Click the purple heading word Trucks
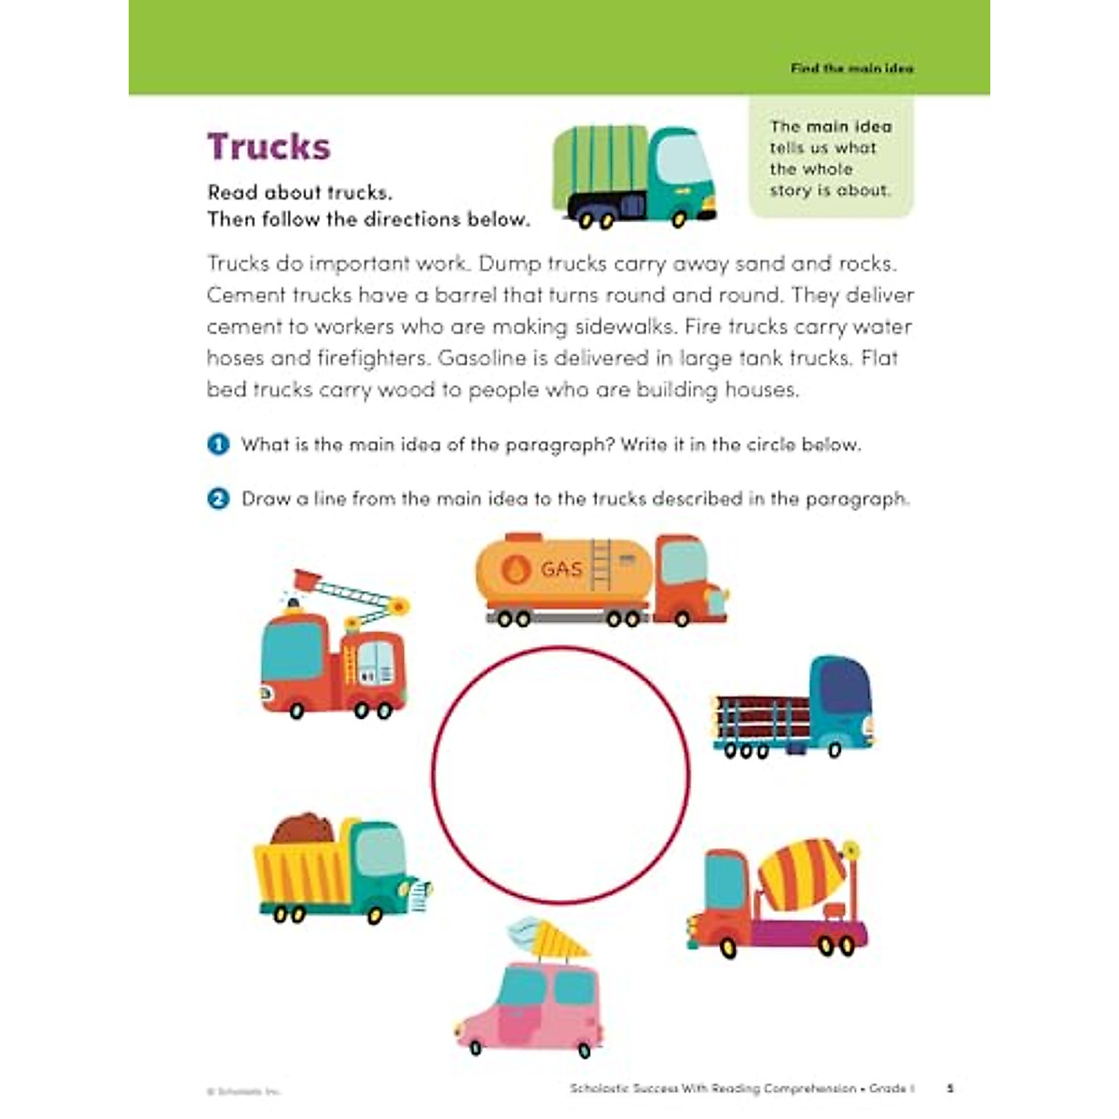click(269, 147)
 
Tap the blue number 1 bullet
click(218, 445)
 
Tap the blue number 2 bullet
click(218, 499)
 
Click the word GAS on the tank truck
click(561, 569)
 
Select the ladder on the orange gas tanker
click(601, 565)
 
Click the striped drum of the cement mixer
click(803, 874)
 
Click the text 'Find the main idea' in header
click(851, 68)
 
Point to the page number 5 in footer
click(950, 1088)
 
